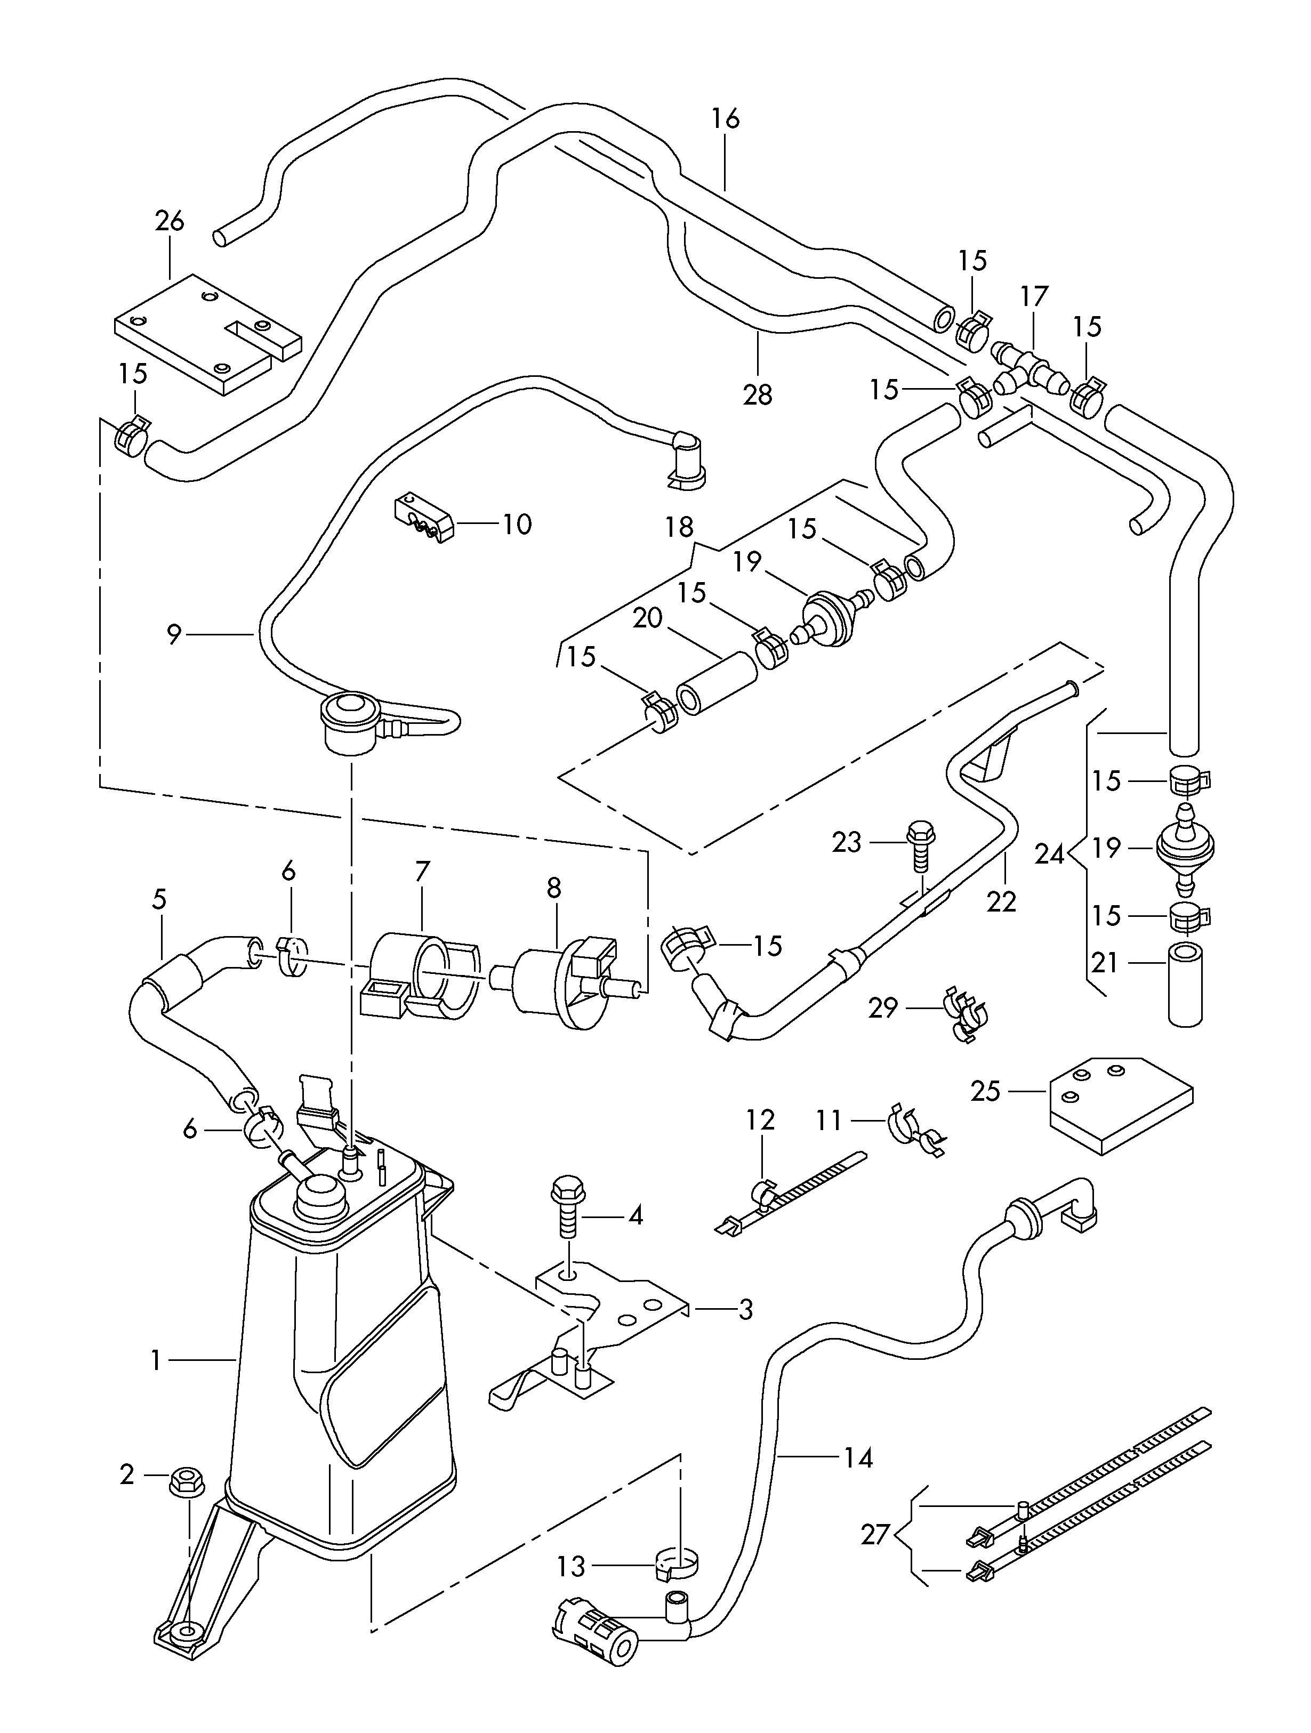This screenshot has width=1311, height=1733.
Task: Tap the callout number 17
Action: click(1034, 296)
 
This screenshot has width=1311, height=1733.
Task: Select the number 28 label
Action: click(758, 394)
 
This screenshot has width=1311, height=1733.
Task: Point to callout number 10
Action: click(517, 523)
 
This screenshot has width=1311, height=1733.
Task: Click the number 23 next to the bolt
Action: click(846, 842)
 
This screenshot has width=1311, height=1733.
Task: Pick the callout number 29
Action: click(882, 1007)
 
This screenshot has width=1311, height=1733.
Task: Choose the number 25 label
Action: click(986, 1091)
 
